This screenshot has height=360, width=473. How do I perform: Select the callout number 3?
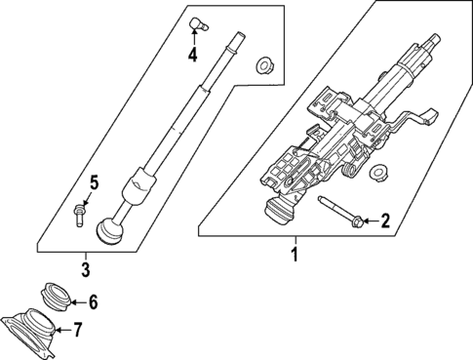point(86,268)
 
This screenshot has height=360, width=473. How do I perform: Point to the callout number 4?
point(192,55)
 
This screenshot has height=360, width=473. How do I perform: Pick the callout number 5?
point(94,181)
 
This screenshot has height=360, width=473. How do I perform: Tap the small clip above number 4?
point(197,21)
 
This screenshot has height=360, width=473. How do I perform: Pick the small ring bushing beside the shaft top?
point(262,66)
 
